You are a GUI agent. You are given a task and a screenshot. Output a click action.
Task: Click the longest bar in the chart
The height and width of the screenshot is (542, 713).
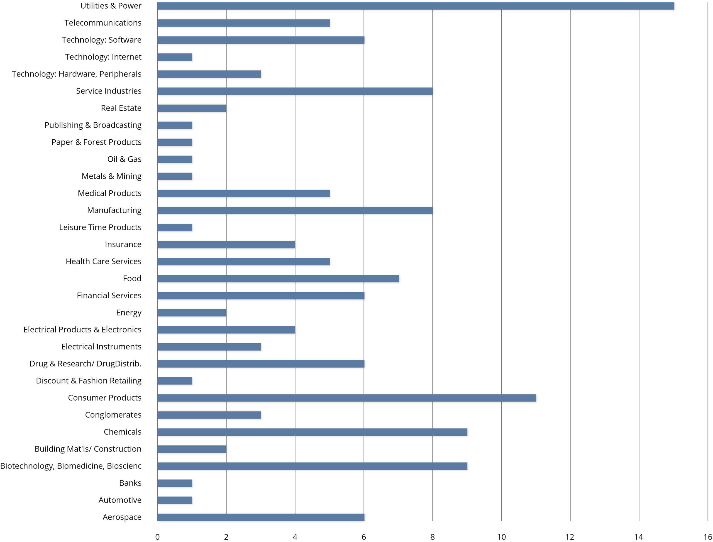coord(416,6)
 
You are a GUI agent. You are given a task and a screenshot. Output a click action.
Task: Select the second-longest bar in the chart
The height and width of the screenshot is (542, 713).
coord(347,398)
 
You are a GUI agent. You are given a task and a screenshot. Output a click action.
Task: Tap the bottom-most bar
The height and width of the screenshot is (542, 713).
coord(261,517)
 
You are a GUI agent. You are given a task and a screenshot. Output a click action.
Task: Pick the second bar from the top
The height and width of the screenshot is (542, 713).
coord(243,23)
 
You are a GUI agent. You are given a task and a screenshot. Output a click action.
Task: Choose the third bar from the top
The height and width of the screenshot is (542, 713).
coord(261,40)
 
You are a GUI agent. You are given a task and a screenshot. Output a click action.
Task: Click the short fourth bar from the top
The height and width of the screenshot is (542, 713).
coord(175,57)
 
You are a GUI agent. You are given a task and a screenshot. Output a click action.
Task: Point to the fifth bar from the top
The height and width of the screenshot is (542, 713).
coord(209,74)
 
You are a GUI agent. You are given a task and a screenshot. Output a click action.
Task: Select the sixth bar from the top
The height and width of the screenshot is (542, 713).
coord(295,91)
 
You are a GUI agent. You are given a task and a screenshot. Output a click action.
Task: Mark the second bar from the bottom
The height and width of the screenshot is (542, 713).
coord(175,500)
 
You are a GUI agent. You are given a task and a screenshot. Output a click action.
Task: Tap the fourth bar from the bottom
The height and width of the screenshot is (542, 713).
coord(312,466)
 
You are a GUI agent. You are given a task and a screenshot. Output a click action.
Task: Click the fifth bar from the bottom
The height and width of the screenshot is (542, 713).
coord(192,449)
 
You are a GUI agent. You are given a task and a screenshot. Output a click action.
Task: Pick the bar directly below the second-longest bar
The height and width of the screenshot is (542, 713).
coord(209,415)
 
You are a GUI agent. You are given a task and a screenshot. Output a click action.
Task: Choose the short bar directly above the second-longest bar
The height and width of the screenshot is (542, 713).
coord(175,381)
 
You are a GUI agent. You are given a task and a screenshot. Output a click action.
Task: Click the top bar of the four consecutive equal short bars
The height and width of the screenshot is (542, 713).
coord(175,125)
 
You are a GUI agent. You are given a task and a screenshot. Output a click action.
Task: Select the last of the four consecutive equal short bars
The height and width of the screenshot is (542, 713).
coord(175,176)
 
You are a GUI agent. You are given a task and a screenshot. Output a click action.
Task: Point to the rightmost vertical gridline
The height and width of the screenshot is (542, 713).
coord(708,258)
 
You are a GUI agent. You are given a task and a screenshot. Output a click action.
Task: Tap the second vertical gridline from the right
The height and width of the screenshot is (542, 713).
coord(639,258)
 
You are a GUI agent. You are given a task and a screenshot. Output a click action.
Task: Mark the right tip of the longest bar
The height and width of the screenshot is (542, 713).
coord(674,6)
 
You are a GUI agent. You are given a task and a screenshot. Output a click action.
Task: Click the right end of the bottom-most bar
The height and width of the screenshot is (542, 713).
coord(364,517)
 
